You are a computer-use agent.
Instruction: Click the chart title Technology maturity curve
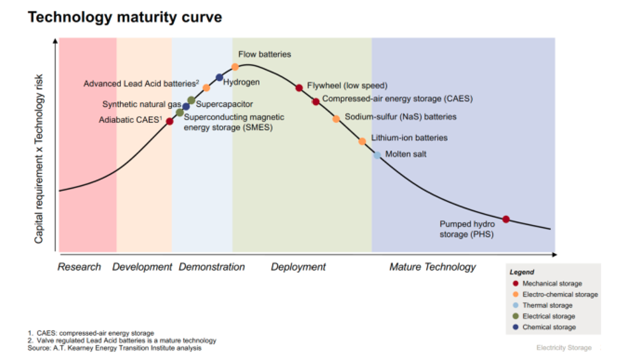coord(125,17)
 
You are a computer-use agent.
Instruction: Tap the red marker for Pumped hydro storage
coord(506,219)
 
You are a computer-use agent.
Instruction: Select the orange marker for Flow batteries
coord(235,67)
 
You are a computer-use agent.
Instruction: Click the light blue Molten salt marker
coord(377,155)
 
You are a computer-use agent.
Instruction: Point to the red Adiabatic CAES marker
coord(169,121)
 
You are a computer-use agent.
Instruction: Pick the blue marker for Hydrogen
coord(220,78)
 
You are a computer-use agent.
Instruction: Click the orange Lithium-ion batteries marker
coord(362,141)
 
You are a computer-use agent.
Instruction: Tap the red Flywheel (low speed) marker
coord(299,88)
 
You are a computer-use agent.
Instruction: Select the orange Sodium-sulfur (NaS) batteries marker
coord(336,119)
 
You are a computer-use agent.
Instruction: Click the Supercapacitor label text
coord(224,104)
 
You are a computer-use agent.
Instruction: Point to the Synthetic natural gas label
coord(141,104)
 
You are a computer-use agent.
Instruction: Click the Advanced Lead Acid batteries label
coord(141,83)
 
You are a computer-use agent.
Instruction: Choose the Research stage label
coord(79,267)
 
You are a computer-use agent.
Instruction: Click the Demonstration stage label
coord(211,267)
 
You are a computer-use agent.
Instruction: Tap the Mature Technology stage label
coord(432,267)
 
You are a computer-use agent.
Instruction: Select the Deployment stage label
coord(298,267)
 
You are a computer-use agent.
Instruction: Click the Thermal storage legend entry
coord(547,305)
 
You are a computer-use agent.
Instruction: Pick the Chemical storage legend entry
coord(548,327)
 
